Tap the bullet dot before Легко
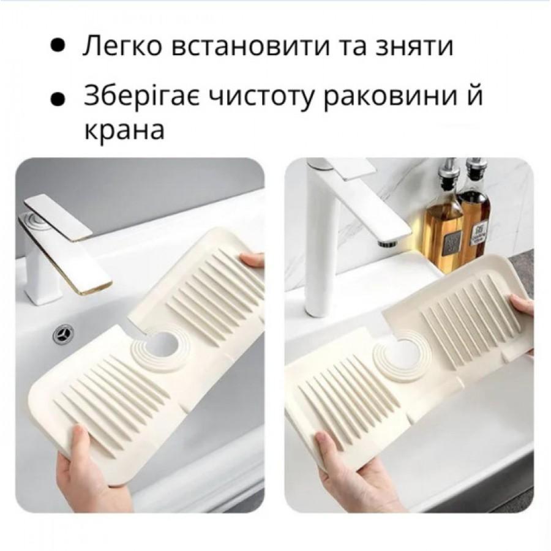59,47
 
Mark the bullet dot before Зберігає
59,98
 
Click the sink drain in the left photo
62,334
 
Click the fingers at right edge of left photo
252,260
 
